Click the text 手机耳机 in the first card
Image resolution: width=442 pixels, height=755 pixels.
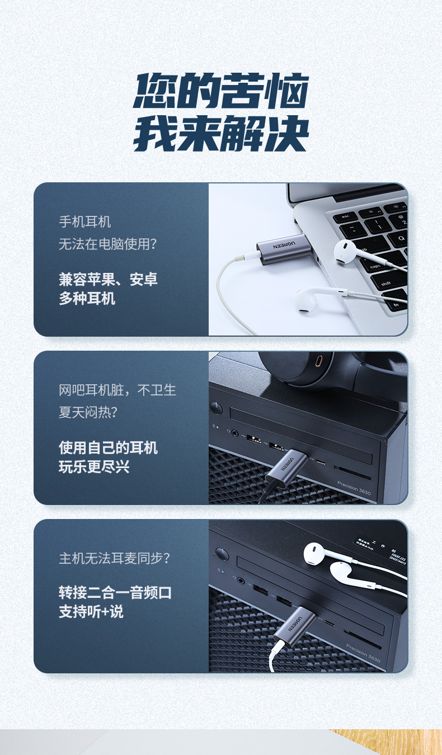[85, 222]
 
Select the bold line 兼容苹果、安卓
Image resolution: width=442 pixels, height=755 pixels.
[109, 279]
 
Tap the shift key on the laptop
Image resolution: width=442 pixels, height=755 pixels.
[385, 284]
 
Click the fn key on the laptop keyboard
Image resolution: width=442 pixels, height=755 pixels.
[396, 305]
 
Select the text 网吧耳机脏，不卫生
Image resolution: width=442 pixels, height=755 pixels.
[117, 390]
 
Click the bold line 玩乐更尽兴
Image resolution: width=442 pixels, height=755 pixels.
[94, 466]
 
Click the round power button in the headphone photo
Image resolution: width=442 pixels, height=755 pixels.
[215, 407]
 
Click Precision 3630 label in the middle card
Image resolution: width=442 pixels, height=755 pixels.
[353, 487]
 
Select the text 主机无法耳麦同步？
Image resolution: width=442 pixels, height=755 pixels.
[115, 558]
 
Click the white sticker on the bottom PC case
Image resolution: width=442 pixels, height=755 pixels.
[381, 548]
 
